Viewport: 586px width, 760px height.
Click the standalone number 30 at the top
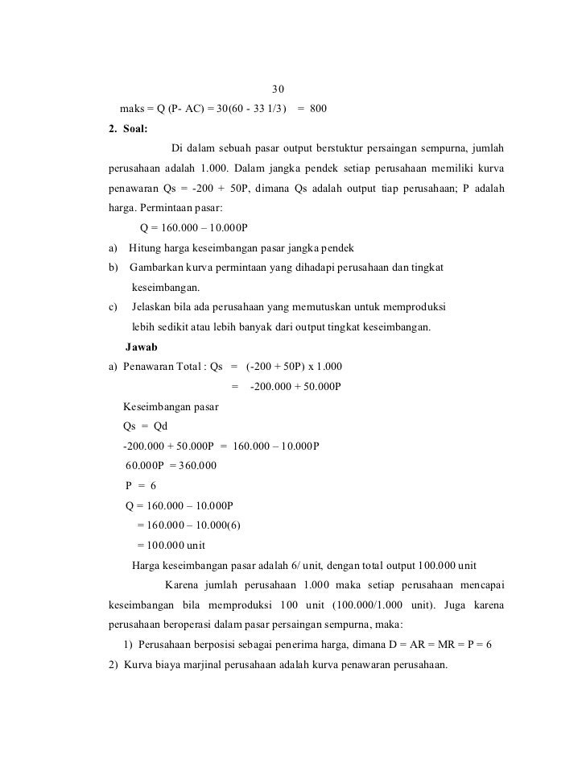pyautogui.click(x=278, y=88)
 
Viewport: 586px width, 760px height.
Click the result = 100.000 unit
pyautogui.click(x=171, y=544)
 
